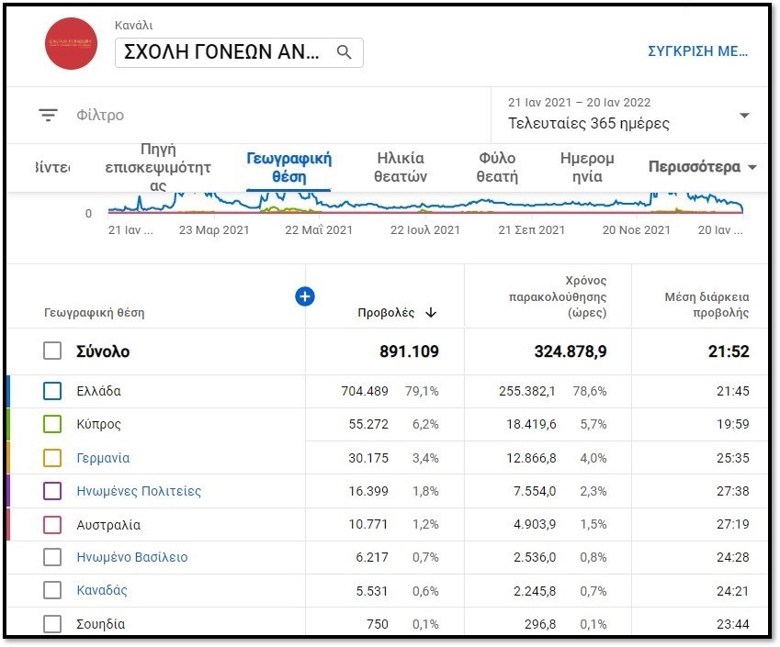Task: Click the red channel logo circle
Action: [72, 44]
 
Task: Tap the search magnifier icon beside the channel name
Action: [345, 52]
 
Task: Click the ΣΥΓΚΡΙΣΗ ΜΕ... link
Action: [697, 51]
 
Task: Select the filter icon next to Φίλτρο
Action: [48, 115]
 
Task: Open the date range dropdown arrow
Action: [744, 116]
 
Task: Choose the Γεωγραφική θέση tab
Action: [288, 168]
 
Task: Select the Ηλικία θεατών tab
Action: [401, 168]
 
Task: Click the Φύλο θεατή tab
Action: [497, 168]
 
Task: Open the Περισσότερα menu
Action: [702, 167]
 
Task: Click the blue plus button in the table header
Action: [305, 296]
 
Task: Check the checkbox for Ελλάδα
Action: [52, 392]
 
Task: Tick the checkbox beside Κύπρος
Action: [52, 425]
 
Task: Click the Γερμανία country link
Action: [103, 458]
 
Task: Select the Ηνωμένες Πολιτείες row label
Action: [139, 491]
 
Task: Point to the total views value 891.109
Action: [409, 351]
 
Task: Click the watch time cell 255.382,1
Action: [524, 391]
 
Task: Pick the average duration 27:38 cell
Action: [733, 491]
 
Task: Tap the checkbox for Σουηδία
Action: [52, 624]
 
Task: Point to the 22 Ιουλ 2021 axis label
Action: [424, 230]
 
